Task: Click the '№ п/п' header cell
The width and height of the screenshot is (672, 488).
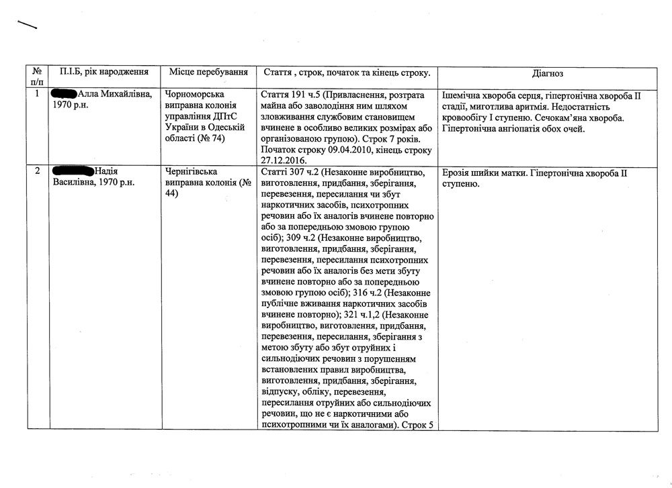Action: [x=36, y=77]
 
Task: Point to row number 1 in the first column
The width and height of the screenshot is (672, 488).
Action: [x=36, y=95]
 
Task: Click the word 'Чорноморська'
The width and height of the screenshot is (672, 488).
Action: [x=194, y=95]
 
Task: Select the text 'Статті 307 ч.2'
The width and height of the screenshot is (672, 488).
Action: [x=290, y=172]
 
